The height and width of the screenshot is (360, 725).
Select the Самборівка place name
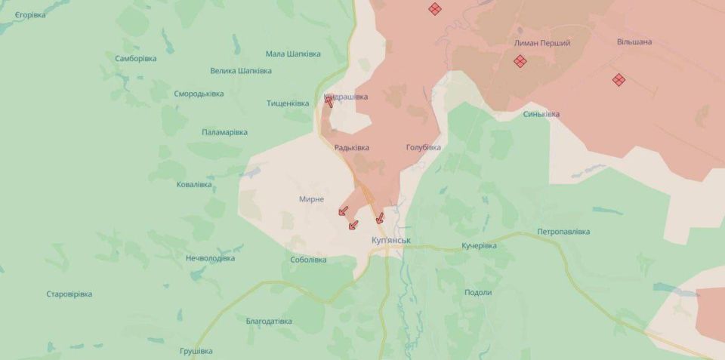[136, 58]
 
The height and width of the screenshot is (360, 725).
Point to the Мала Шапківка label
[293, 54]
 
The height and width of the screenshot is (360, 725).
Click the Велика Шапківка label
[241, 71]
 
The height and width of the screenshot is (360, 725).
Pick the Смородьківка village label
[199, 94]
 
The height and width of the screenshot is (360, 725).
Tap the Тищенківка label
[288, 103]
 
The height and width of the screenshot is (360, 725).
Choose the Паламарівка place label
[224, 132]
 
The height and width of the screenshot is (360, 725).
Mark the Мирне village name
[312, 199]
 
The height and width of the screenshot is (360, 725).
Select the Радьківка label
[352, 148]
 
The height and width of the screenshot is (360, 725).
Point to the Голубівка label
[423, 147]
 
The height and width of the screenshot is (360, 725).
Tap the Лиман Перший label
[542, 44]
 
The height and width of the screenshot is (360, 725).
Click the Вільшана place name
[634, 42]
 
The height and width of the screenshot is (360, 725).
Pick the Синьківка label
[541, 114]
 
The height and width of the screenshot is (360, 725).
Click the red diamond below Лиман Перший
[520, 61]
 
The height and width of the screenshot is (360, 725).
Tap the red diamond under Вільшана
[619, 79]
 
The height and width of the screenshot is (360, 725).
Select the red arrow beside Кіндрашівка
[329, 100]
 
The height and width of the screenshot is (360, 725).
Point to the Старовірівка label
[69, 294]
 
